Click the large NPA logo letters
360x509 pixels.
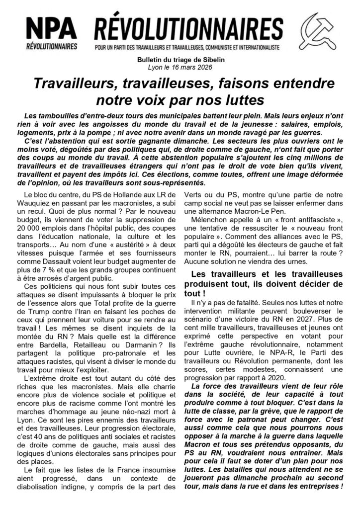coord(52,28)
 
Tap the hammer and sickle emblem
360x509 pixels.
coord(319,31)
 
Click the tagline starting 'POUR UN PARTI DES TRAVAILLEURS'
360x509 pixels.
coord(187,48)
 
